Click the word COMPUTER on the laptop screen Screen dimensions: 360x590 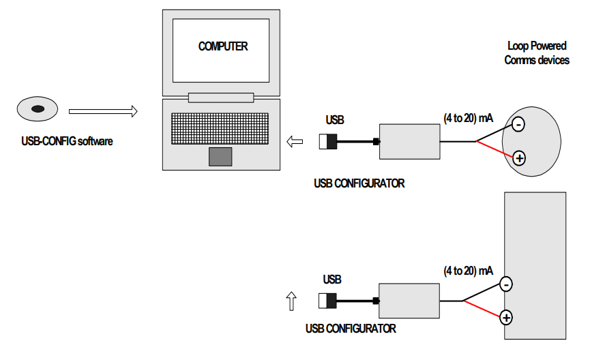point(222,46)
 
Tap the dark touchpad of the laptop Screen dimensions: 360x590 point(220,156)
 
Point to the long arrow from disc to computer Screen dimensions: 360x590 point(103,110)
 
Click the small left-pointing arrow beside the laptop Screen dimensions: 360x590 point(295,142)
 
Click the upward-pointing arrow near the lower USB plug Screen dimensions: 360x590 point(291,301)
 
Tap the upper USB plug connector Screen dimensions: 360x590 point(328,142)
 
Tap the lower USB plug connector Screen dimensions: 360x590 point(327,301)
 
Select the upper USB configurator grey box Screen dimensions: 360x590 point(410,141)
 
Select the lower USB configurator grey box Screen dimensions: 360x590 point(409,300)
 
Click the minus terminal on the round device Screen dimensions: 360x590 point(518,125)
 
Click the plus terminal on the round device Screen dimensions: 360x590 point(519,158)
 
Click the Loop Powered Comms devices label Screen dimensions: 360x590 point(537,53)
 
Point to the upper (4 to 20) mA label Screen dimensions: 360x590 point(468,118)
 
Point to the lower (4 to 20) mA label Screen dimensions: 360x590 point(467,271)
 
